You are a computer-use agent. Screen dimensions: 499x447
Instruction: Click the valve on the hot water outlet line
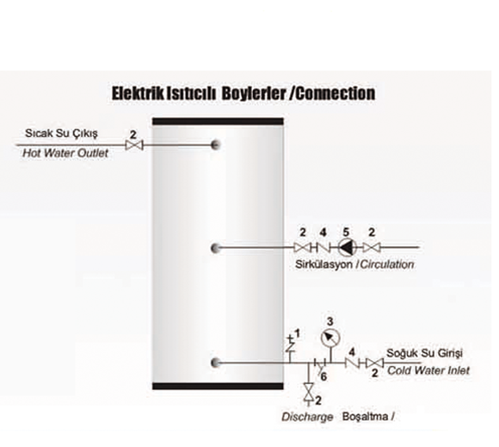pos(134,146)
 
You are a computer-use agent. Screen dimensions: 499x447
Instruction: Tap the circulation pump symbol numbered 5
pos(347,247)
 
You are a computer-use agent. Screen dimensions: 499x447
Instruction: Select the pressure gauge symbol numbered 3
pos(330,338)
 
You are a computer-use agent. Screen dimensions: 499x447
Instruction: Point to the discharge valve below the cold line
pos(308,392)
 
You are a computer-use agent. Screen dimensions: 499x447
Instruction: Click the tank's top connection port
pos(215,145)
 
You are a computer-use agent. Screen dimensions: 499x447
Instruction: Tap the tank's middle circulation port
pos(215,247)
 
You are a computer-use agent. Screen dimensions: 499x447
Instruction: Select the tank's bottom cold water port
pos(215,363)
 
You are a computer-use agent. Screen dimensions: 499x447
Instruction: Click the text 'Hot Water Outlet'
pos(65,153)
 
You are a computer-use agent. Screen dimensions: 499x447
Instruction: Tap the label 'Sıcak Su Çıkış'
pos(61,133)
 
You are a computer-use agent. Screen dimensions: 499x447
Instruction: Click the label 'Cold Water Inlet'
pos(428,370)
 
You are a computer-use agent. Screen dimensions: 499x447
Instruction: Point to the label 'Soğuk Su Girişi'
pos(424,353)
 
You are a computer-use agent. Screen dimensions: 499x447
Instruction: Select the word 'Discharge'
pos(307,417)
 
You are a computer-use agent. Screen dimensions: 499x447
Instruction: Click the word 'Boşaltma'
pos(365,417)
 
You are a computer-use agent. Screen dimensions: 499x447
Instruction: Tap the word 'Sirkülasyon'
pos(323,264)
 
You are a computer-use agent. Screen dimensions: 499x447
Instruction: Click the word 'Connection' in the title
pos(336,94)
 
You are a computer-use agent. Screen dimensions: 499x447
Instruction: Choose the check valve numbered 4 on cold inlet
pos(352,363)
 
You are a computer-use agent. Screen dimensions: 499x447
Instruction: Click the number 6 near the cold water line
pos(323,377)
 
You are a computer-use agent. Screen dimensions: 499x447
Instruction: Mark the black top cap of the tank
pos(218,121)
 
